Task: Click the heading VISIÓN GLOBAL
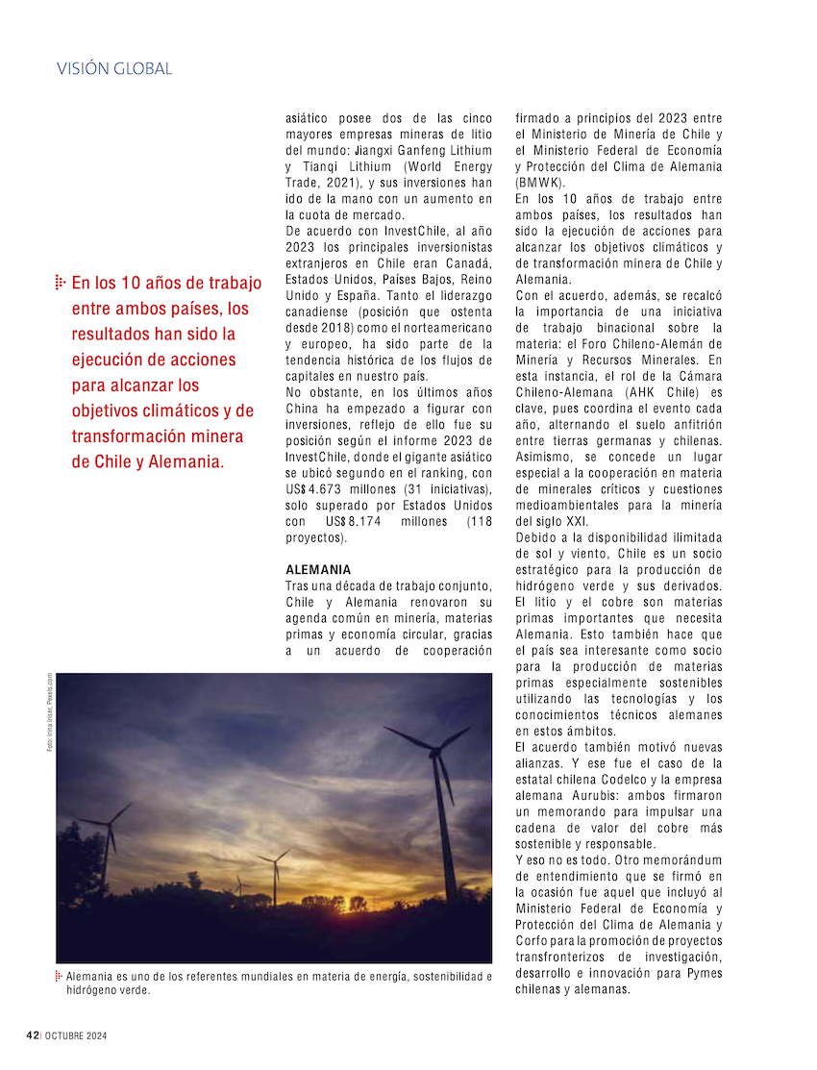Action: [114, 69]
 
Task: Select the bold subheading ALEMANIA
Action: [318, 570]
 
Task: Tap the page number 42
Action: [32, 1035]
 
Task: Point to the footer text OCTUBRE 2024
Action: [74, 1035]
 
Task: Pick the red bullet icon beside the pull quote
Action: [60, 283]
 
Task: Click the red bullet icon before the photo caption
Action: [60, 977]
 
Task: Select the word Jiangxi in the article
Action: [376, 151]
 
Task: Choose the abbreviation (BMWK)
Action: [541, 183]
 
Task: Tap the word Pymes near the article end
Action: [701, 973]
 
